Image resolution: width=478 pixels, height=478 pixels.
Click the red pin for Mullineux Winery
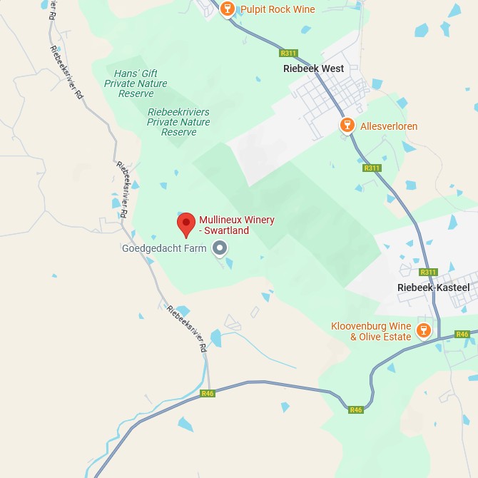pos(186,223)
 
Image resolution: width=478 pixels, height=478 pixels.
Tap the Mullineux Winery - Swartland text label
pos(236,225)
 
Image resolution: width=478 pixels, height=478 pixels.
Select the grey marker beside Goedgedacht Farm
pos(220,248)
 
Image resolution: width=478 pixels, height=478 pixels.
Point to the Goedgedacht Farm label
pos(164,248)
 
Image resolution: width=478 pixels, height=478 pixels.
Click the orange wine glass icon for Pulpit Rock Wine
pos(228,9)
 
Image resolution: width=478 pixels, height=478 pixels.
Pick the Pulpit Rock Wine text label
pos(278,9)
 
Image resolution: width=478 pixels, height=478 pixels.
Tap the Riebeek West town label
pos(313,68)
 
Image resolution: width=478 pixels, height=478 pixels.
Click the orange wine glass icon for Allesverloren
pos(347,126)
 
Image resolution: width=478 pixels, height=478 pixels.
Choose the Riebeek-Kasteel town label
pos(434,287)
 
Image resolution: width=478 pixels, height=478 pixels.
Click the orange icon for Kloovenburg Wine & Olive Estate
pos(423,330)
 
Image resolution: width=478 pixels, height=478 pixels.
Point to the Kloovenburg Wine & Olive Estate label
pos(371,332)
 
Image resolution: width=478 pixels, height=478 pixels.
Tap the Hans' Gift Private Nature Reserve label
pos(136,83)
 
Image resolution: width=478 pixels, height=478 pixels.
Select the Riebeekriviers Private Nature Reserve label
pos(179,122)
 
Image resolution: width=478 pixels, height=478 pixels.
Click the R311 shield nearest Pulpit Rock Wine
pos(288,53)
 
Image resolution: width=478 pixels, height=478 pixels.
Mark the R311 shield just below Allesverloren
pos(372,168)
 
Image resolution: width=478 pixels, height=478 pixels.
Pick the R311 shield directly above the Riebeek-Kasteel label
pos(428,272)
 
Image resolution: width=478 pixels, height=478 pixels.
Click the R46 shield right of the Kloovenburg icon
pos(462,334)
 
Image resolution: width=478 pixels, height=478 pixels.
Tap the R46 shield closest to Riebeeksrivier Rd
pos(208,393)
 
